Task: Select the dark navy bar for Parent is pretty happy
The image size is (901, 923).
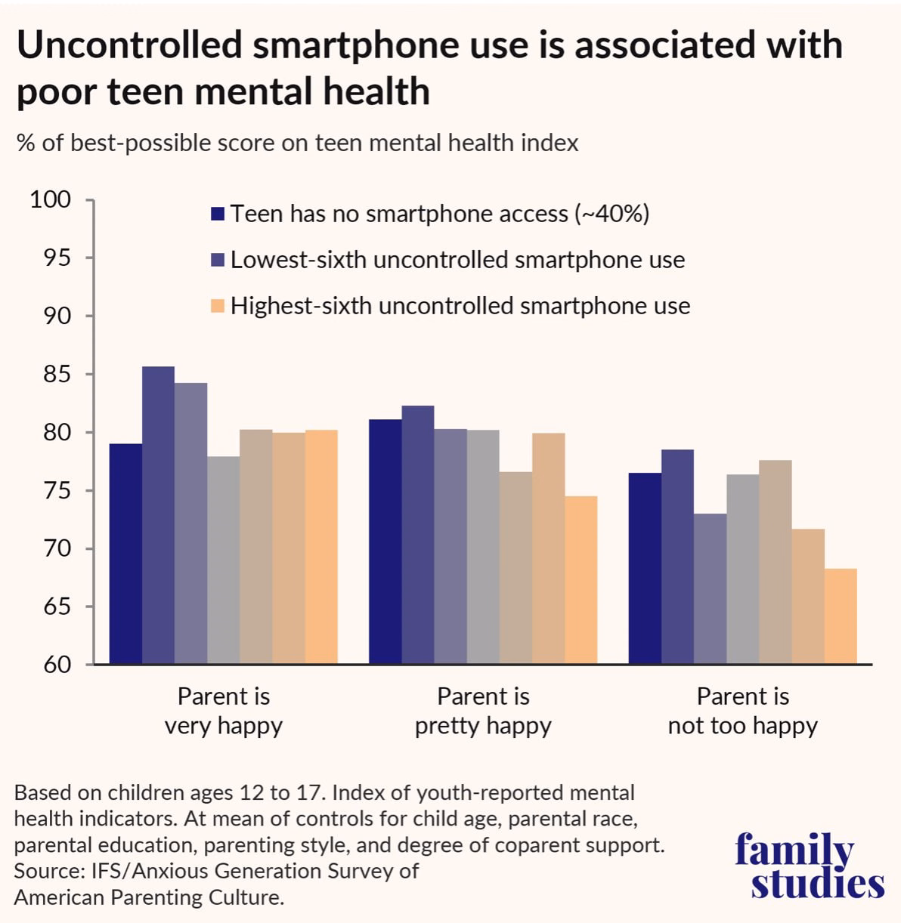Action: click(385, 541)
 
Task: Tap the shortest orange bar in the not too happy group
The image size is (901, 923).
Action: click(841, 616)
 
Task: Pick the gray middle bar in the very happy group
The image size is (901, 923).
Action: click(224, 560)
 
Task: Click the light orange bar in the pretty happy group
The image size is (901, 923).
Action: click(581, 580)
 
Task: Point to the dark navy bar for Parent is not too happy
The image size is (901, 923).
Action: click(645, 568)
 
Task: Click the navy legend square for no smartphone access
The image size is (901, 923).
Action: click(218, 214)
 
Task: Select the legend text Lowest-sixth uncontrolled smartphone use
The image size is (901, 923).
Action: click(457, 260)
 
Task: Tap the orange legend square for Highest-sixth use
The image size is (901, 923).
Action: click(218, 306)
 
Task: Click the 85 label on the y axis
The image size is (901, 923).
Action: click(57, 375)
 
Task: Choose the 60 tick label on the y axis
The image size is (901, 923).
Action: click(57, 665)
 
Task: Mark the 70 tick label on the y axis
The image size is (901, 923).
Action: click(57, 549)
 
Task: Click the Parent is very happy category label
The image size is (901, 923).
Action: click(224, 712)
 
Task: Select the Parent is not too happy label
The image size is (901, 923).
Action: click(743, 712)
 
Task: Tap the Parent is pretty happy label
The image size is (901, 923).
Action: click(483, 712)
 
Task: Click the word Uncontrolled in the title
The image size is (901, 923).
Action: click(129, 45)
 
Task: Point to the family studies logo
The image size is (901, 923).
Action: click(810, 866)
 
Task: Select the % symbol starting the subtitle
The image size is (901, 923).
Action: click(26, 143)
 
